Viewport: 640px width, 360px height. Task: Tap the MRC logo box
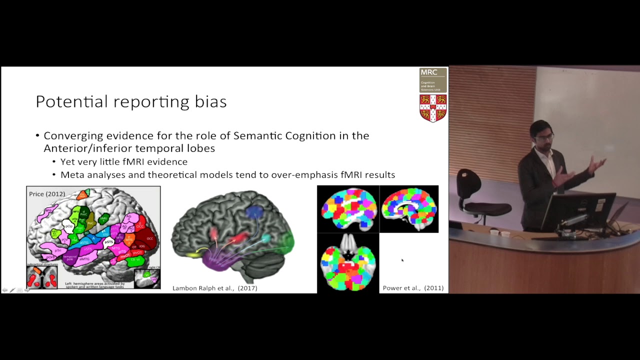(x=433, y=80)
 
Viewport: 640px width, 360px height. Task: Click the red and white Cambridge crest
(x=433, y=108)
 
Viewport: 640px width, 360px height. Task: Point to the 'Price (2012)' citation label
(x=47, y=194)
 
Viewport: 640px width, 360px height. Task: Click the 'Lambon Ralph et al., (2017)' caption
(x=214, y=288)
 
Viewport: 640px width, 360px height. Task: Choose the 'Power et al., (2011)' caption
(x=413, y=288)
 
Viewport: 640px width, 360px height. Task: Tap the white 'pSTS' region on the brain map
(x=109, y=241)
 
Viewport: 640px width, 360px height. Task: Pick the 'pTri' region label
(x=58, y=250)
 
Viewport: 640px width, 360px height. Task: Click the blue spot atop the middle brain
(x=255, y=211)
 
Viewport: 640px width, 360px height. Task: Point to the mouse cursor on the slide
(x=402, y=259)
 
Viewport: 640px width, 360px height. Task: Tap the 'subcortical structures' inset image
(x=42, y=277)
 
